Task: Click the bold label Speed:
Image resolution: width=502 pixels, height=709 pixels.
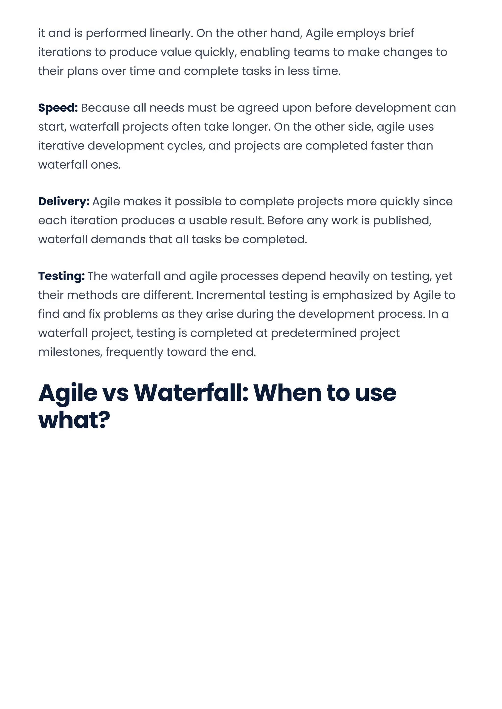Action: pyautogui.click(x=58, y=108)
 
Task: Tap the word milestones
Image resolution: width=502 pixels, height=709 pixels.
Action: pyautogui.click(x=70, y=352)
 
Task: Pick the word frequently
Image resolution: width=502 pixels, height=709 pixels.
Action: pyautogui.click(x=134, y=352)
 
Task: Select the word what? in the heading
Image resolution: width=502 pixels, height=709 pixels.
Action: pyautogui.click(x=74, y=420)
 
